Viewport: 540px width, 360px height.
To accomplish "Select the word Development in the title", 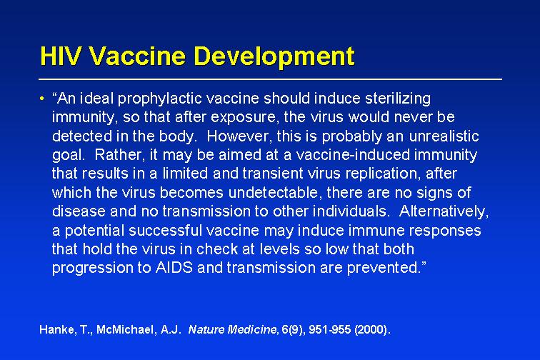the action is (x=274, y=57).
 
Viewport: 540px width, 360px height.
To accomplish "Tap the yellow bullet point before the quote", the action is (x=42, y=99).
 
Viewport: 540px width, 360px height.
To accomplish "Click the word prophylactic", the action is (x=161, y=99).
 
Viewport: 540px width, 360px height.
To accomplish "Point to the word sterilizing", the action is (x=398, y=99).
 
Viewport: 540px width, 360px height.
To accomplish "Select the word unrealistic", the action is (x=444, y=136).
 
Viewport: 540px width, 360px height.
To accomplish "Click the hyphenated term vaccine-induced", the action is (x=354, y=155).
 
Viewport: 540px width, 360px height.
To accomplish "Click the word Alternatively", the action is (x=444, y=211).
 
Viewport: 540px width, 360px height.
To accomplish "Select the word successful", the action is (x=165, y=230).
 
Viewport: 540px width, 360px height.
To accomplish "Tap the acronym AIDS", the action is (x=174, y=268).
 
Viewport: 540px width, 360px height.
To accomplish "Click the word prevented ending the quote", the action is (x=384, y=268).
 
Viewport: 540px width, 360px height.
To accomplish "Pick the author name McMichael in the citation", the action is (x=126, y=330).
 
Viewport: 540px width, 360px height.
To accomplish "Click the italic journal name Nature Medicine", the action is (x=232, y=330).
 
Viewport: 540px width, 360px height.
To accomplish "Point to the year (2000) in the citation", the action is (x=371, y=330).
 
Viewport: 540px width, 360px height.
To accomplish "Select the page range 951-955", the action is (x=329, y=330).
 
